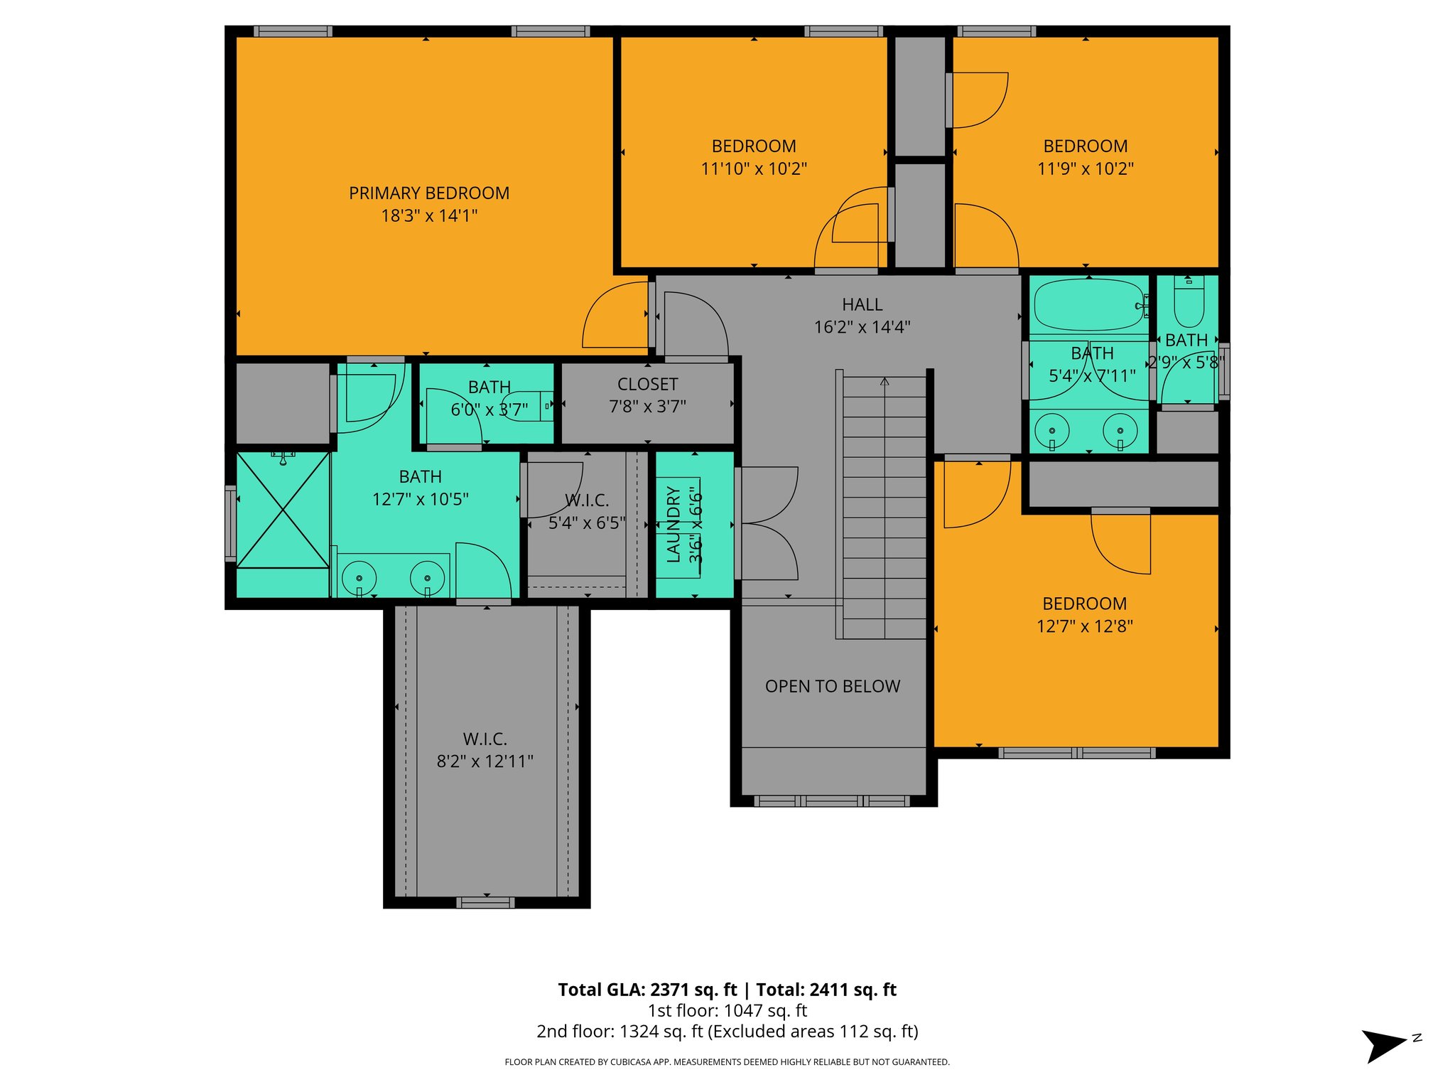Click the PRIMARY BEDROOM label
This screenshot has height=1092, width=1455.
[429, 193]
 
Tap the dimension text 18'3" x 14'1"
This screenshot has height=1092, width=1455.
[429, 215]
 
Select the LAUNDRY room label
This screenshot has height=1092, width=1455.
[674, 525]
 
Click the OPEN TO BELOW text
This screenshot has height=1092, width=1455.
[833, 686]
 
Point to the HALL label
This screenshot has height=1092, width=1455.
[862, 304]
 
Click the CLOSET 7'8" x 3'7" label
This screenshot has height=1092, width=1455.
[647, 395]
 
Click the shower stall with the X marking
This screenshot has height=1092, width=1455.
[283, 510]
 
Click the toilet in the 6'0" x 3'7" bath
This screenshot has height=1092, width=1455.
[529, 406]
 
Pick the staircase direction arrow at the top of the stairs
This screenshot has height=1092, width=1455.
[885, 382]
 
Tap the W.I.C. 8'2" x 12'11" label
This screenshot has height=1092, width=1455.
[485, 750]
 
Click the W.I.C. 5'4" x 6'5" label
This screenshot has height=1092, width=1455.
[587, 511]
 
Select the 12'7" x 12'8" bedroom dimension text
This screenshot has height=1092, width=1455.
[1084, 626]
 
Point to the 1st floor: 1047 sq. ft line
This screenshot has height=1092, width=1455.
[727, 1010]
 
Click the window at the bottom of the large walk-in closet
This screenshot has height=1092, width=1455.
[485, 903]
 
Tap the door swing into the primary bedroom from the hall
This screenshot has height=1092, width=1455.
[615, 316]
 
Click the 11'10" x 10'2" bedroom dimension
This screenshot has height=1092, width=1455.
[754, 168]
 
